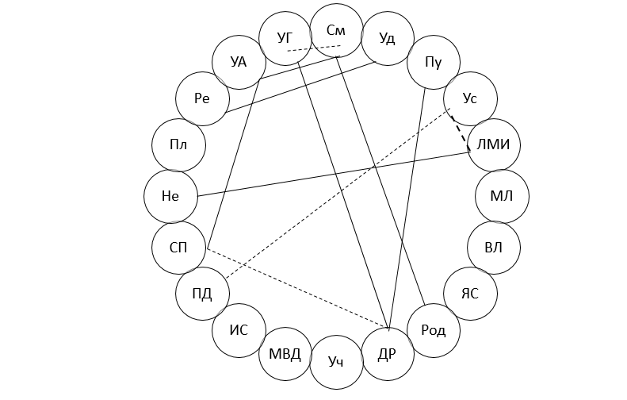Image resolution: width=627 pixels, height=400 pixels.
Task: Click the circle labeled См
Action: (337, 31)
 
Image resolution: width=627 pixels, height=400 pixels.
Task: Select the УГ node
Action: (286, 38)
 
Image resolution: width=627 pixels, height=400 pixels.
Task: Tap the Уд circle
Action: (387, 38)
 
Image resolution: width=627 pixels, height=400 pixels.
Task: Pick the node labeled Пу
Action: (434, 62)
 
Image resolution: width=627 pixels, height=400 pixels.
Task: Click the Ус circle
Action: (470, 98)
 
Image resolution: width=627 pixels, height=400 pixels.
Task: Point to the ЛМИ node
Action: (494, 144)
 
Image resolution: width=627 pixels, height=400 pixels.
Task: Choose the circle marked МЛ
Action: (502, 196)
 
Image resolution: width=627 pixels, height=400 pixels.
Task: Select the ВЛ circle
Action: (493, 248)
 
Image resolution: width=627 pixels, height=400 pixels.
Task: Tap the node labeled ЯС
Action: (470, 294)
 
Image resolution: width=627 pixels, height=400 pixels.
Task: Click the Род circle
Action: (434, 330)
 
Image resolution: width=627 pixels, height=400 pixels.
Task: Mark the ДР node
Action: (387, 354)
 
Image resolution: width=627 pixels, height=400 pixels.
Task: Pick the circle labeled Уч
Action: (337, 362)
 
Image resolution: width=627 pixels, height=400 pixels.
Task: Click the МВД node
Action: (285, 354)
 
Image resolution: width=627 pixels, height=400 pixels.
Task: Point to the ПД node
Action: (202, 294)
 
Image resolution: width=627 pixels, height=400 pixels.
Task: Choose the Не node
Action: (170, 196)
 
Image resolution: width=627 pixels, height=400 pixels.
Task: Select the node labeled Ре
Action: (202, 98)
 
